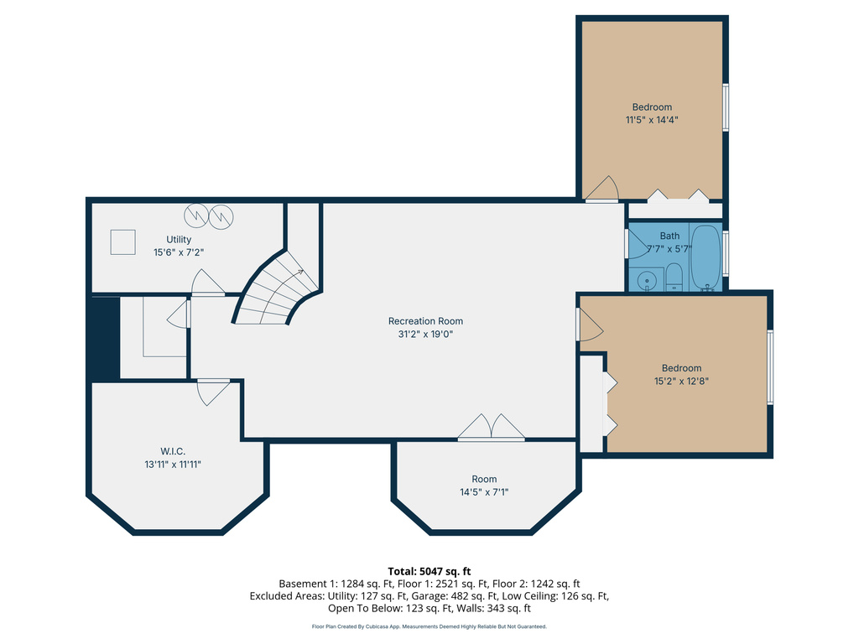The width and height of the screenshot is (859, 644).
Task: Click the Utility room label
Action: [179, 240]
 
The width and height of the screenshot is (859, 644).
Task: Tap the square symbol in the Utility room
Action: [123, 242]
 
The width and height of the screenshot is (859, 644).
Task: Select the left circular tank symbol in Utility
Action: [196, 216]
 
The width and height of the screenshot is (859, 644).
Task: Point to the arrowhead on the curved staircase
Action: [299, 272]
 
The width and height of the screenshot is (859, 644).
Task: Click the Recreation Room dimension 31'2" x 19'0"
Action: [425, 334]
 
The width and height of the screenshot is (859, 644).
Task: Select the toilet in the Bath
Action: [674, 278]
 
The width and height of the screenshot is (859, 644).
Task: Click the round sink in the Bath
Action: [646, 281]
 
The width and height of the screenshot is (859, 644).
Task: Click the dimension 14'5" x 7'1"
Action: [484, 492]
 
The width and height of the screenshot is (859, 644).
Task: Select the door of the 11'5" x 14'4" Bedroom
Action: [601, 190]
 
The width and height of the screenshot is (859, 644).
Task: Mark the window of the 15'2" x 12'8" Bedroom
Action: [769, 367]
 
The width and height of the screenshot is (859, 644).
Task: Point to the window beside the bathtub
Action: [726, 252]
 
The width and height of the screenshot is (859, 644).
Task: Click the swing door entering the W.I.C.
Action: [212, 392]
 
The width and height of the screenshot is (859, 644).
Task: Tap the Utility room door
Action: [207, 283]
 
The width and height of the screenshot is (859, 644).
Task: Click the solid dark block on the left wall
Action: [103, 339]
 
